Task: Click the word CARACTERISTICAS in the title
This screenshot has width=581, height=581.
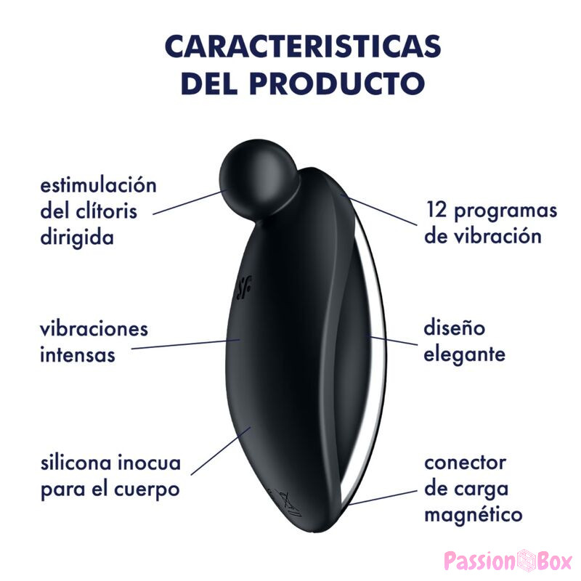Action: [302, 46]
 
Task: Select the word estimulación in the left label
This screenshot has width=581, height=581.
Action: [98, 184]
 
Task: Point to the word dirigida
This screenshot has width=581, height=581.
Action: [77, 237]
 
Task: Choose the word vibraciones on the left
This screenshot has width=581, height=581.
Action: [94, 329]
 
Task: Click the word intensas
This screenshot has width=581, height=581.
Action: [78, 356]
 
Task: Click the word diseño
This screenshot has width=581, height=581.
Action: [454, 328]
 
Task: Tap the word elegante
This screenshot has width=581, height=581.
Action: [464, 355]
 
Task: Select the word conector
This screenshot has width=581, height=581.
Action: [465, 462]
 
